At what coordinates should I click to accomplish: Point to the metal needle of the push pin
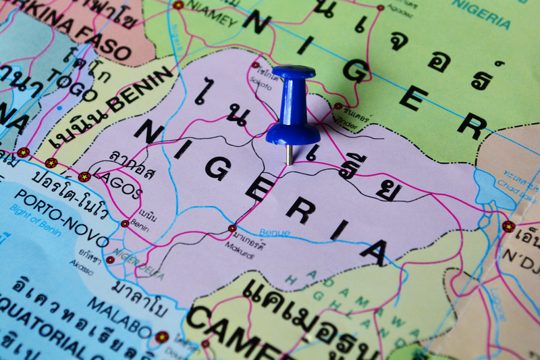290,155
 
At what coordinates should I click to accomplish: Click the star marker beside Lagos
84,177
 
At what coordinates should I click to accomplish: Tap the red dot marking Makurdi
232,228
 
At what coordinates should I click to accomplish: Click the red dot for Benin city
125,224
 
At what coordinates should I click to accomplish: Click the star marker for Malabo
161,336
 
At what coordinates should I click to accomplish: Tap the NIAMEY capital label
210,16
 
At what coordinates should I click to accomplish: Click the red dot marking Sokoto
256,66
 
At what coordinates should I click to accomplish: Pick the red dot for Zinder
337,106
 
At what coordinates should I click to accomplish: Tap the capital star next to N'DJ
508,226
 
